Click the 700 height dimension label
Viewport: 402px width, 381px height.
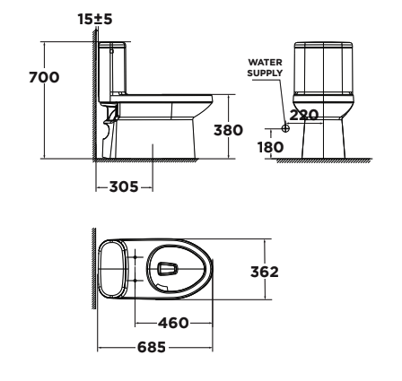(45, 78)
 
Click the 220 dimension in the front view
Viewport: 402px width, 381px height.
(306, 114)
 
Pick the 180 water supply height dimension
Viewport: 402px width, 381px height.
(271, 143)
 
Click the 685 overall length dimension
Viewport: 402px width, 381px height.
(155, 345)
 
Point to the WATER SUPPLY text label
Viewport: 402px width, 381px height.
(266, 65)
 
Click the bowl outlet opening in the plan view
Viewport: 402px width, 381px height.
(168, 268)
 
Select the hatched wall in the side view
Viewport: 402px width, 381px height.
(92, 99)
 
